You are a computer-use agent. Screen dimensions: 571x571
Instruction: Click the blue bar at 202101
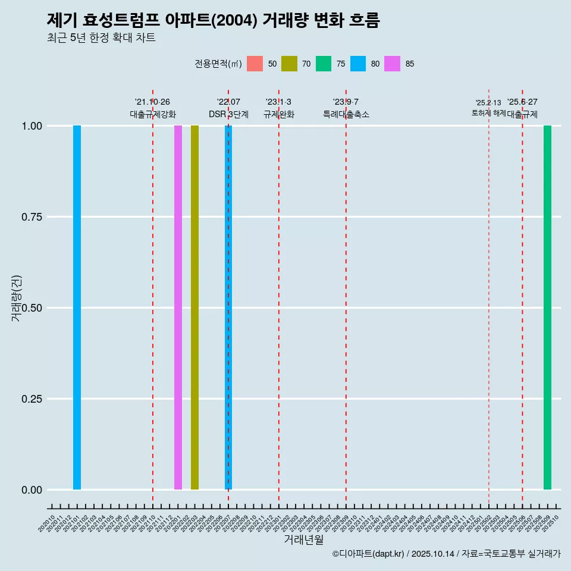(77, 308)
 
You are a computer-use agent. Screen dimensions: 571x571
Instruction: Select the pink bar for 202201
(178, 308)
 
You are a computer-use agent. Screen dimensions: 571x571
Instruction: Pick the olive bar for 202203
(194, 308)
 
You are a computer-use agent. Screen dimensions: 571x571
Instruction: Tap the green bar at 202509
(547, 308)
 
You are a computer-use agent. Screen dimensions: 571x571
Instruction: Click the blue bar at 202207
(228, 308)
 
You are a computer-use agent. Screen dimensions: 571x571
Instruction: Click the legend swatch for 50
(255, 64)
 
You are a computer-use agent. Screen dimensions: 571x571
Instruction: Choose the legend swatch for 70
(289, 64)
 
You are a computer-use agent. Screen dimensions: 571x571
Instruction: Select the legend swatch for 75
(324, 64)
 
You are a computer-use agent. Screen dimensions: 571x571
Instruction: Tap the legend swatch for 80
(358, 64)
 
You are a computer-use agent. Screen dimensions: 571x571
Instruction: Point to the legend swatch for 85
(393, 64)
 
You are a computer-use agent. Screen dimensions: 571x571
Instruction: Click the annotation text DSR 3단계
(228, 114)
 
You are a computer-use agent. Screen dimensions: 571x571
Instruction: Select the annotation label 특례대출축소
(346, 114)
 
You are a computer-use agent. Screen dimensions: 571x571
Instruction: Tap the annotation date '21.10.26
(152, 102)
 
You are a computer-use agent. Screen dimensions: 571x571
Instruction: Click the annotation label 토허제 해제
(488, 112)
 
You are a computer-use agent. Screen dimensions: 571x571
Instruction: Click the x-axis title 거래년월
(303, 539)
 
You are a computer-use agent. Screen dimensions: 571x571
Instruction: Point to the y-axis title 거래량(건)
(17, 297)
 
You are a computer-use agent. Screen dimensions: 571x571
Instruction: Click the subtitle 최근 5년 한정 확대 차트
(101, 38)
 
